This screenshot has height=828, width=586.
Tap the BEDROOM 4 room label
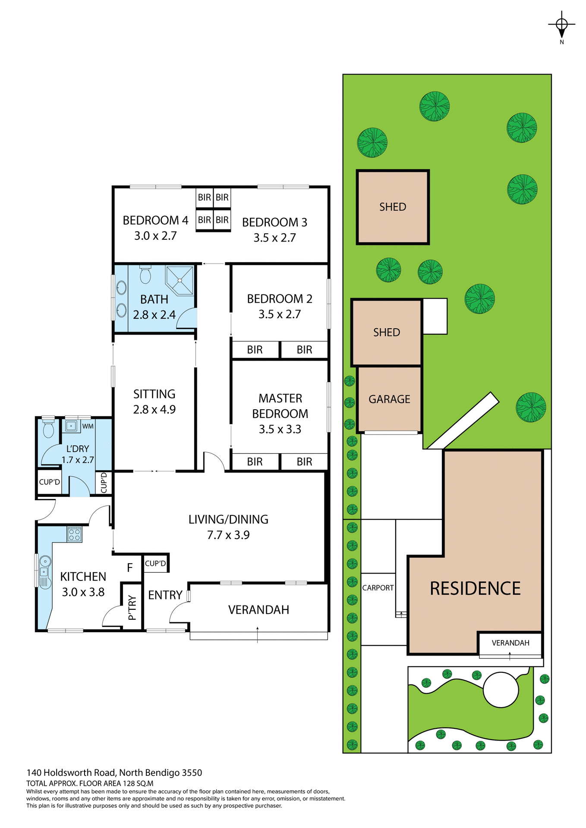(155, 220)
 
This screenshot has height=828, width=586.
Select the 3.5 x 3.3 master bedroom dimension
(280, 429)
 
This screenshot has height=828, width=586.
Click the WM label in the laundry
(88, 426)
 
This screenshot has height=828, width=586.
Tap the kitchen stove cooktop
(74, 535)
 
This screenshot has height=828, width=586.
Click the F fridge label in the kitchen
(129, 568)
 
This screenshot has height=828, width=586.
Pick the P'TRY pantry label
(132, 608)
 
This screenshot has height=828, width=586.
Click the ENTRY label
(165, 595)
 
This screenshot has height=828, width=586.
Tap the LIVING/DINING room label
(228, 519)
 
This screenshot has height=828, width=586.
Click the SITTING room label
(154, 394)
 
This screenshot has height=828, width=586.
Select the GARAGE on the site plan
(389, 399)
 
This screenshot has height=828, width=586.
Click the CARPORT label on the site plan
(378, 588)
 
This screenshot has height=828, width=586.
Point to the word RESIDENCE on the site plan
(475, 589)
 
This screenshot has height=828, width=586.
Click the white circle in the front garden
(501, 690)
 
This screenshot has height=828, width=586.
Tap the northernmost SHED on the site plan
(393, 207)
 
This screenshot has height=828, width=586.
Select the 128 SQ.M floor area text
(138, 784)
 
